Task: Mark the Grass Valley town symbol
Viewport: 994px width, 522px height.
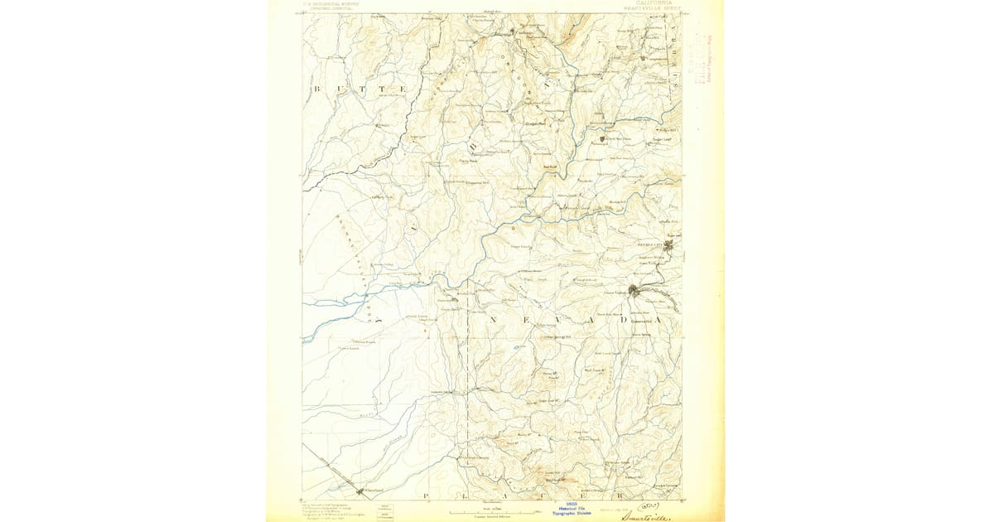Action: (635, 290)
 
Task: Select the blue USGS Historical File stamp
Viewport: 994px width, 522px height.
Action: (572, 506)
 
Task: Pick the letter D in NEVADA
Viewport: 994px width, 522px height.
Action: (624, 320)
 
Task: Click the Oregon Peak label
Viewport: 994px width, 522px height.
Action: (535, 123)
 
